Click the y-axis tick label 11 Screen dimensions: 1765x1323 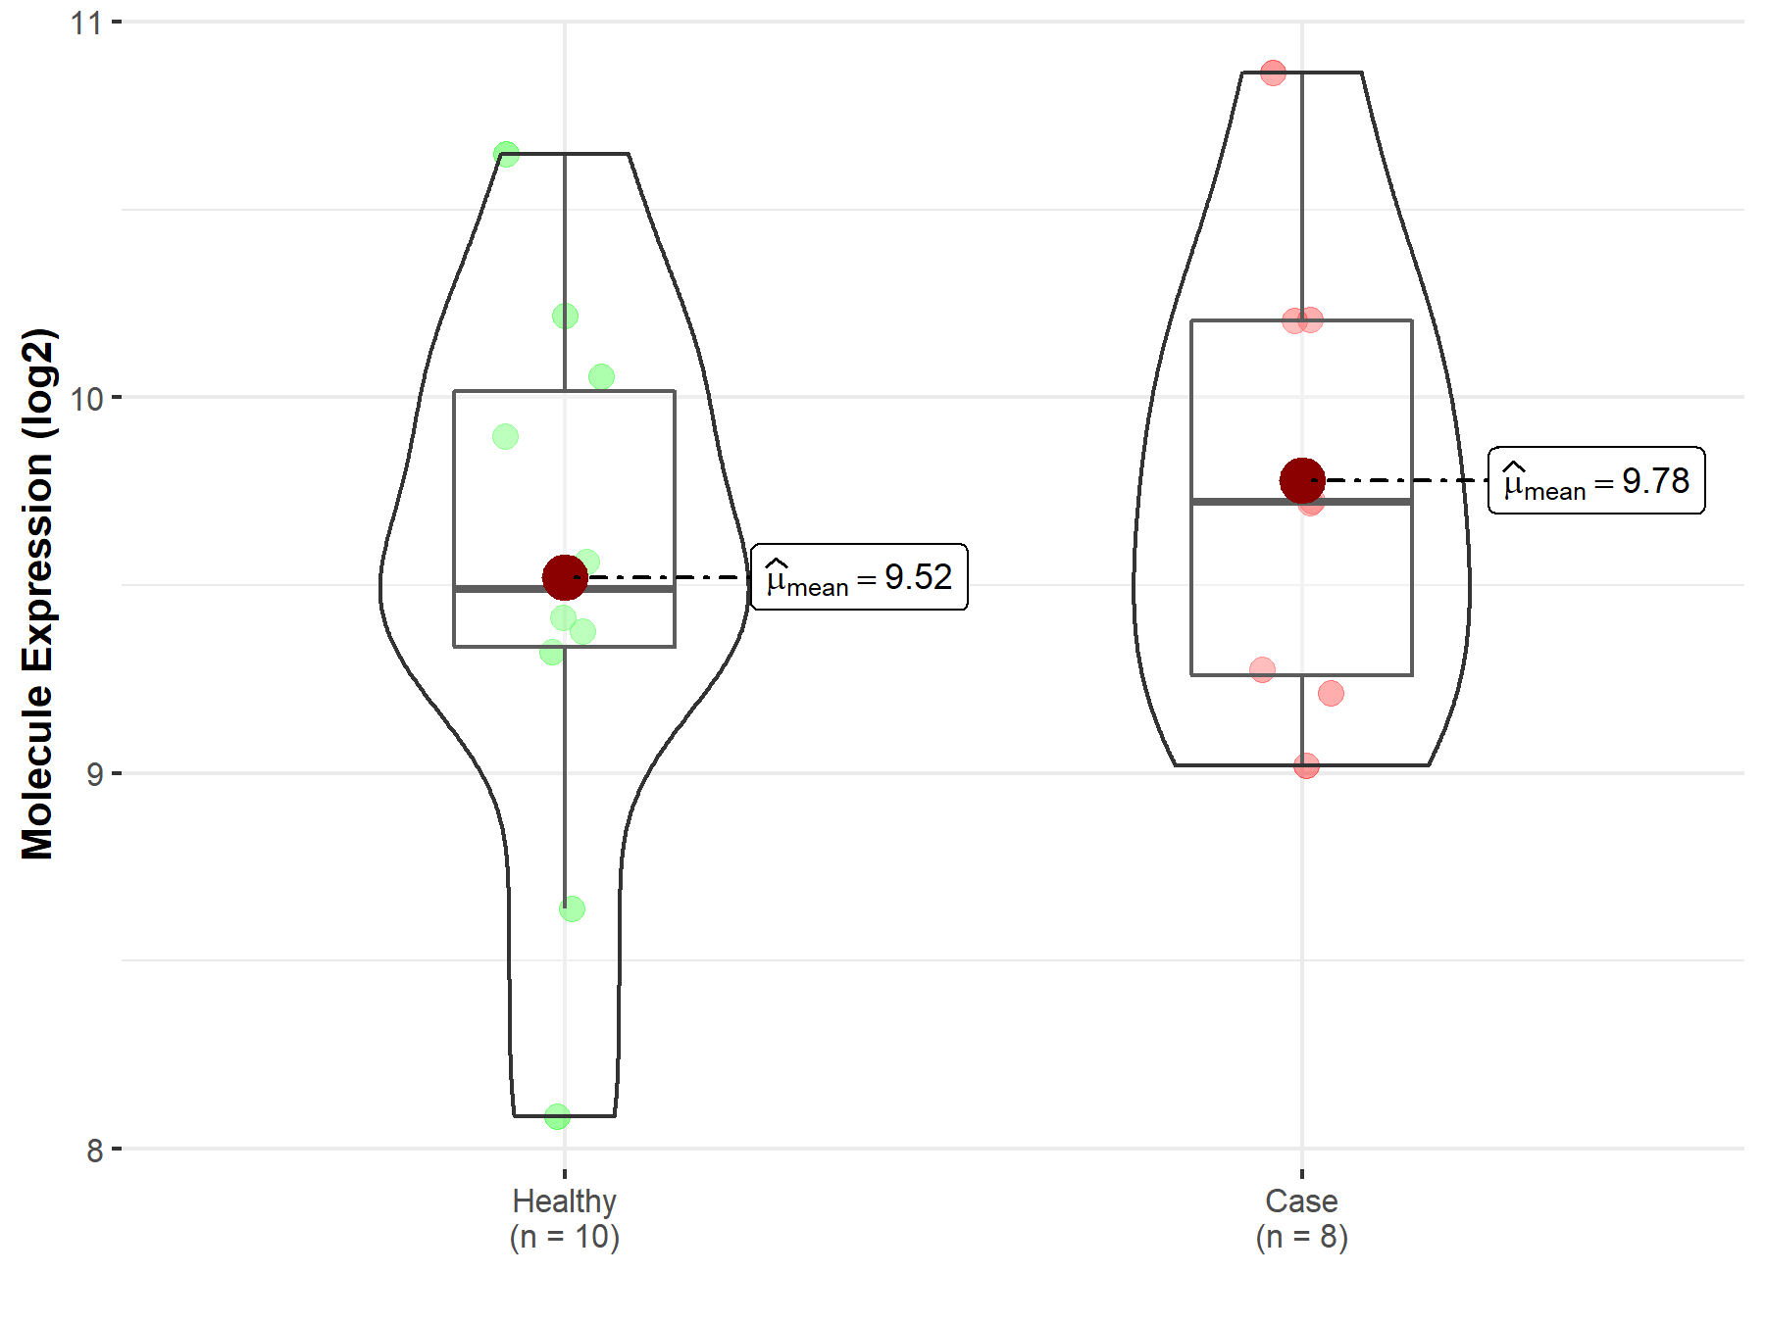coord(86,22)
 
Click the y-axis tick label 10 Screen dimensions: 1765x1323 coord(86,398)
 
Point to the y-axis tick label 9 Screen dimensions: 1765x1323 coord(94,774)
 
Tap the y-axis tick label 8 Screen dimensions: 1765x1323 coord(94,1150)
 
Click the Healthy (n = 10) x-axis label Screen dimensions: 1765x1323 coord(565,1218)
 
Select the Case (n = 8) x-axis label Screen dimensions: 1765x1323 coord(1302,1218)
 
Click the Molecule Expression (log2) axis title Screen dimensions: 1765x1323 coord(37,594)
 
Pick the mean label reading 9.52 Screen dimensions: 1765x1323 coord(859,577)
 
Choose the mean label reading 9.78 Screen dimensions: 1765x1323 coord(1596,480)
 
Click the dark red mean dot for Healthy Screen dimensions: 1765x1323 coord(565,577)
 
